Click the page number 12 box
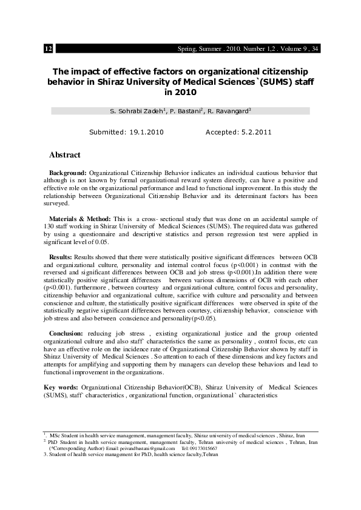[x=49, y=48]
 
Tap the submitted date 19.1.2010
[x=144, y=132]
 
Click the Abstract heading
[x=64, y=155]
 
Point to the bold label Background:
[x=68, y=173]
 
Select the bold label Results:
[x=61, y=257]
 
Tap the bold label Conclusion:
[x=66, y=334]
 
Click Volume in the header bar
[x=295, y=48]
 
